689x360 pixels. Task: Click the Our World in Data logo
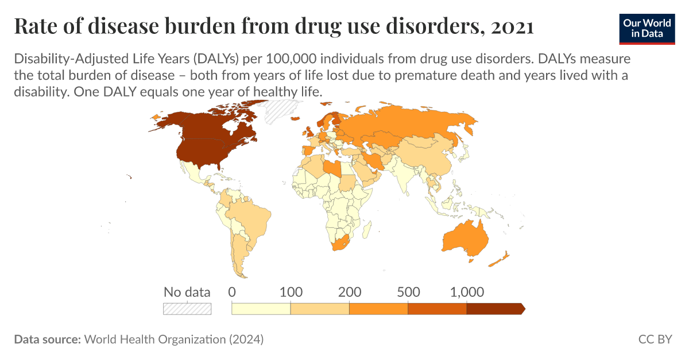coord(647,27)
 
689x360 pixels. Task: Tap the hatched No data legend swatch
coord(187,309)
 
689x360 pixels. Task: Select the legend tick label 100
coord(291,292)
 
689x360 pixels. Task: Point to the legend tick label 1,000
coord(467,292)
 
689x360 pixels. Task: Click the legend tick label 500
coord(408,292)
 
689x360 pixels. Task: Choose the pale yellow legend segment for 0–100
coord(261,309)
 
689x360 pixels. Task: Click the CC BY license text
coord(655,339)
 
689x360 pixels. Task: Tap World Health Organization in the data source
coord(155,339)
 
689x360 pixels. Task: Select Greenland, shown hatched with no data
coord(276,109)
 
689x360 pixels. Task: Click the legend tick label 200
coord(349,292)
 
